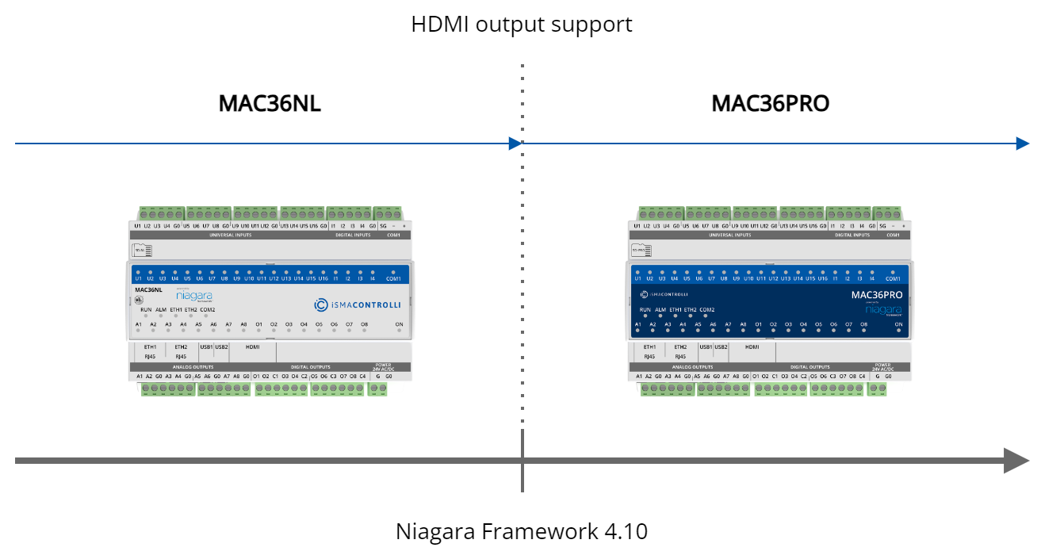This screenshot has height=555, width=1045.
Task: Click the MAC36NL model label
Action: pos(148,290)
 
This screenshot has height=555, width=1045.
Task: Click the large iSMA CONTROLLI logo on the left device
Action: pos(358,304)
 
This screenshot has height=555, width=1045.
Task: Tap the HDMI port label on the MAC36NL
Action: pos(253,346)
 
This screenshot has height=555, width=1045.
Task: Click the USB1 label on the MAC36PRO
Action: pos(706,346)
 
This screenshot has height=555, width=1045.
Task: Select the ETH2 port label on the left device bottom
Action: pos(181,346)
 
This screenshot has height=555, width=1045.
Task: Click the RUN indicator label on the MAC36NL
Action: pos(146,309)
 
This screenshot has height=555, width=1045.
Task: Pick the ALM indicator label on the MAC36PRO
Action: pos(660,310)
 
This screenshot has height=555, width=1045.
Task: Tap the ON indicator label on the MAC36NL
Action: pos(399,324)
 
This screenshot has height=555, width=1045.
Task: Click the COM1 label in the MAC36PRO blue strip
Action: pos(893,278)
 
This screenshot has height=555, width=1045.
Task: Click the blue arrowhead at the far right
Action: pos(1023,144)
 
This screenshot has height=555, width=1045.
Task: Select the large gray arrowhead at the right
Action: pos(1016,461)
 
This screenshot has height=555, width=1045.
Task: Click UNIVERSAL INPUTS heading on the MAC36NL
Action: pos(231,235)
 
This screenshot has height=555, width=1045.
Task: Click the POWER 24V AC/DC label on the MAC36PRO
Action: pos(882,367)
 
